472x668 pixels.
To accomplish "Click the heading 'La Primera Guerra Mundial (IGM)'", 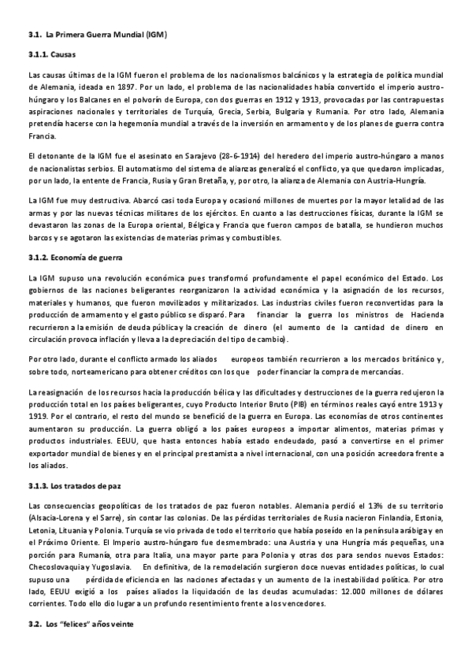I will pos(106,35).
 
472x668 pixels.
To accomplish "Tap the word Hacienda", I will pos(426,314).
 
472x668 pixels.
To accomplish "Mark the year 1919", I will pos(37,416).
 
